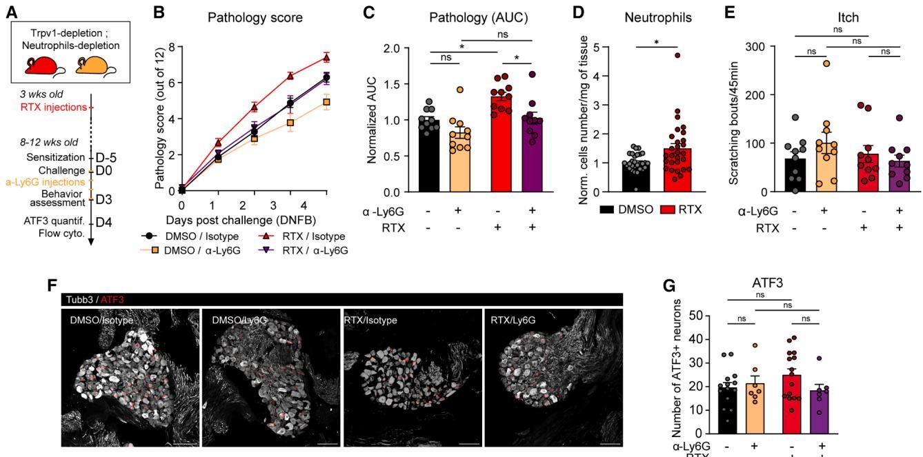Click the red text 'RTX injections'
pyautogui.click(x=47, y=107)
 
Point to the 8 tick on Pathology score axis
pyautogui.click(x=171, y=48)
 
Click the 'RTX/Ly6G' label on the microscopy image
pyautogui.click(x=513, y=320)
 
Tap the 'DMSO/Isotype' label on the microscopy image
pyautogui.click(x=101, y=320)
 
